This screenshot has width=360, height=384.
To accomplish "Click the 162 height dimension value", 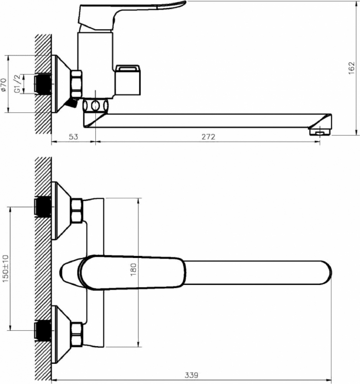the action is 351,68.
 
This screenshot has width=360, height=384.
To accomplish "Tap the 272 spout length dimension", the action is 208,137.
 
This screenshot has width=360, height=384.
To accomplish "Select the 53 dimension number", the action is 73,137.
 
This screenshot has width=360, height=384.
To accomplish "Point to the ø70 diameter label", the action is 3,85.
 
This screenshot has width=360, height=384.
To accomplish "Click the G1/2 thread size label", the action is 17,83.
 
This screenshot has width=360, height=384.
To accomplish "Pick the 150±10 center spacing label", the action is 5,268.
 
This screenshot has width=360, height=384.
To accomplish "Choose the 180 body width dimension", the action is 133,270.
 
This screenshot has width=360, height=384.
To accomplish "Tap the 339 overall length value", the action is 191,375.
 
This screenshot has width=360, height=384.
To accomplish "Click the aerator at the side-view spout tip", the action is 320,132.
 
